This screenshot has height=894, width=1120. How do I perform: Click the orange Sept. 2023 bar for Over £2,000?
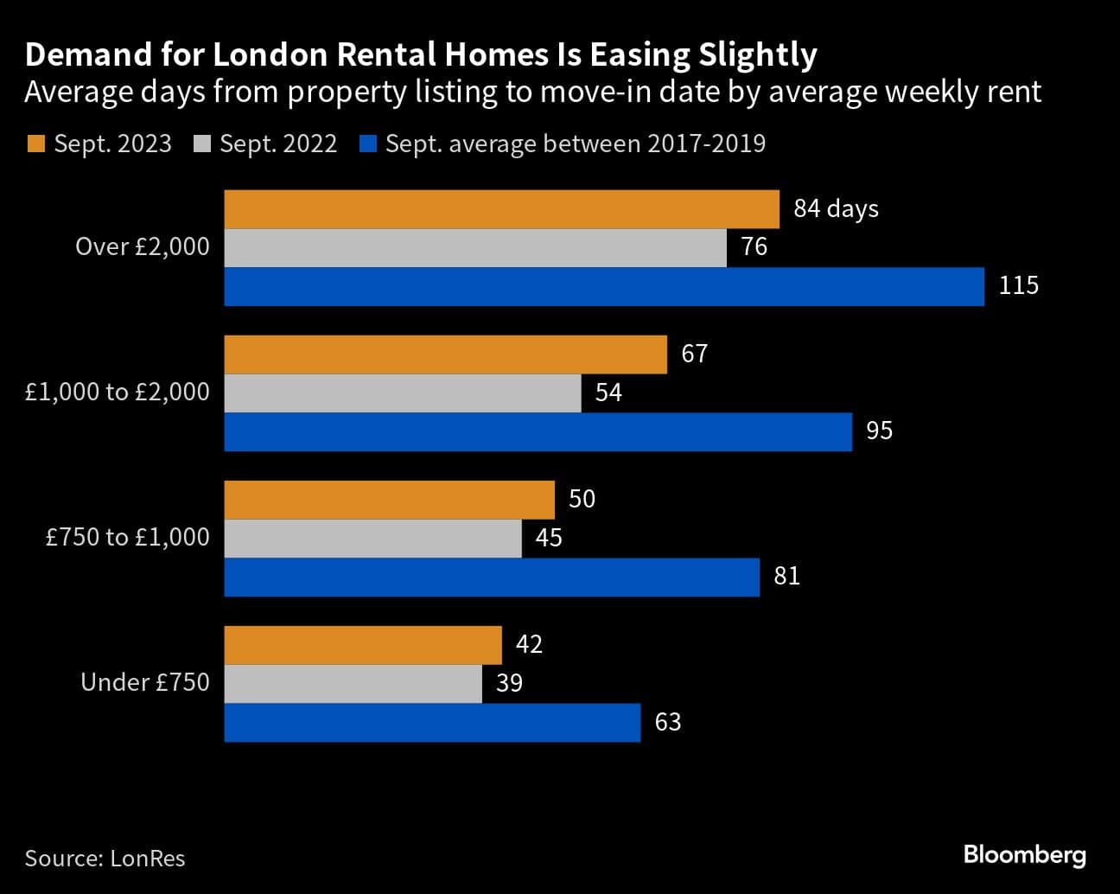click(501, 209)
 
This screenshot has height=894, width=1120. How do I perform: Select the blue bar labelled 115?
click(603, 286)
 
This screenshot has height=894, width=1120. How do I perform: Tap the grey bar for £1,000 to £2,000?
click(402, 393)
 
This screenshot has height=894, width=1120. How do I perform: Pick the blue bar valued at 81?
click(491, 577)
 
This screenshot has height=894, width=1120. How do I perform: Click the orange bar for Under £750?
click(363, 645)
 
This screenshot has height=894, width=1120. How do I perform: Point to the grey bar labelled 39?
click(353, 684)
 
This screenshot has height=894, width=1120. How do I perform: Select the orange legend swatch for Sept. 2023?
click(35, 144)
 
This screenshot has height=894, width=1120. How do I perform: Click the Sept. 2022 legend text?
click(277, 144)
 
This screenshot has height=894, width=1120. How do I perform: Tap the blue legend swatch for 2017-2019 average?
click(367, 144)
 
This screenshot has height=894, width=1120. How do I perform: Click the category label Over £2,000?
click(143, 247)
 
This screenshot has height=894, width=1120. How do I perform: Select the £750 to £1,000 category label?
click(128, 538)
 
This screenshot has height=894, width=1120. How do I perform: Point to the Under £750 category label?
click(145, 683)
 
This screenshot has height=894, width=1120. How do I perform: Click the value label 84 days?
click(836, 209)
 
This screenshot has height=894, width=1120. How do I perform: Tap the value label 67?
click(694, 354)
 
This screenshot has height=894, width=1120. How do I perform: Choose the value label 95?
click(879, 431)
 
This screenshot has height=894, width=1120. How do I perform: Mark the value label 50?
click(582, 500)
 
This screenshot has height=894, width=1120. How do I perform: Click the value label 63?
click(668, 722)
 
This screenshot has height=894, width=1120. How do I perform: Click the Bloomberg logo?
click(1024, 855)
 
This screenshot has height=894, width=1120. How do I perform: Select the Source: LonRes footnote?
click(105, 859)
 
